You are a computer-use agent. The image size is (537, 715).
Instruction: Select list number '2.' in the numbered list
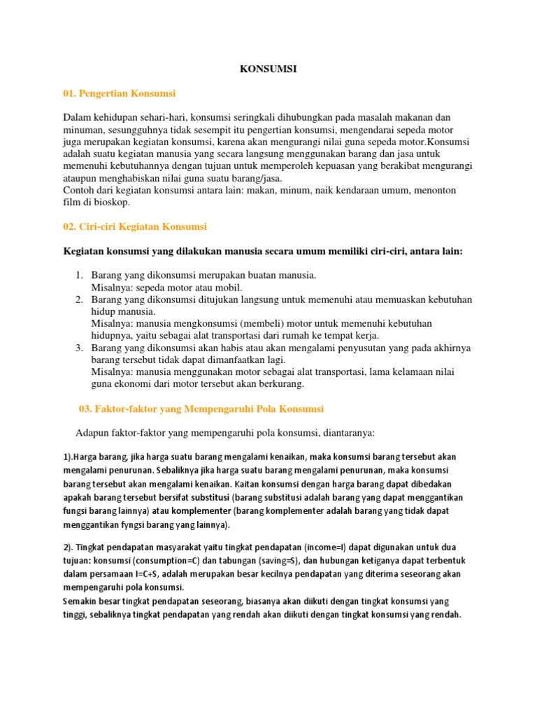(x=80, y=300)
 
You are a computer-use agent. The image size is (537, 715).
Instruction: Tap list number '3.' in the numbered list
(x=80, y=348)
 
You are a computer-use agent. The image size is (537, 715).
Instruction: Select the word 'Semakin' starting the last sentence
(x=82, y=601)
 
